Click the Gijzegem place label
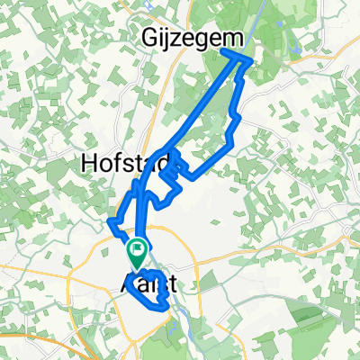pos(181,39)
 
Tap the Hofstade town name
pos(117,163)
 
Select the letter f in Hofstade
pos(114,162)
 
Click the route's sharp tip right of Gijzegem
pos(249,60)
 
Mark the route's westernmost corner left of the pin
pos(108,220)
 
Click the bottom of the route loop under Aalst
pos(163,309)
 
